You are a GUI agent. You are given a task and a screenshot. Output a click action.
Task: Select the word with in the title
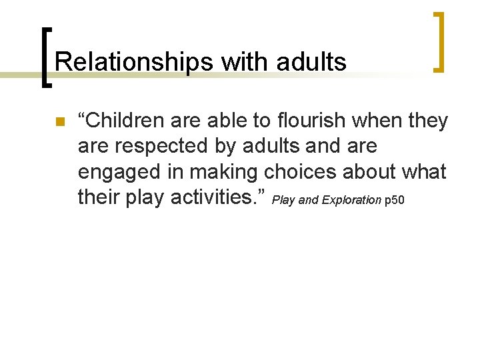pos(241,63)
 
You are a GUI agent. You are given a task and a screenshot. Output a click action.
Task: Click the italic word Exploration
pos(351,200)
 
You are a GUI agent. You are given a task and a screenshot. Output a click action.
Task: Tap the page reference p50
pos(395,200)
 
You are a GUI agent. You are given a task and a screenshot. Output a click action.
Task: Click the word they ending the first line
pos(429,121)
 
